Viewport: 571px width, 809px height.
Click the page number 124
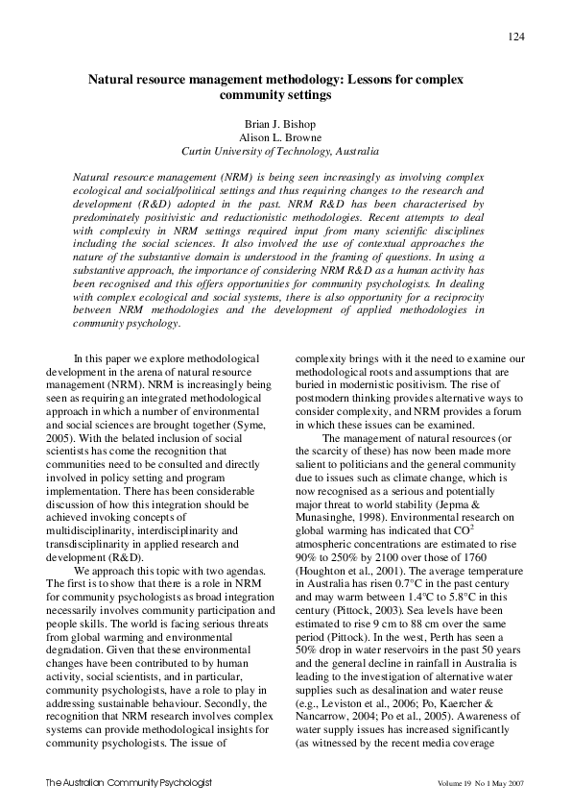(515, 37)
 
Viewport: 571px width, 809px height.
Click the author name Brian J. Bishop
(285, 123)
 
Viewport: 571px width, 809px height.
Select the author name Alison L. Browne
(285, 136)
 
